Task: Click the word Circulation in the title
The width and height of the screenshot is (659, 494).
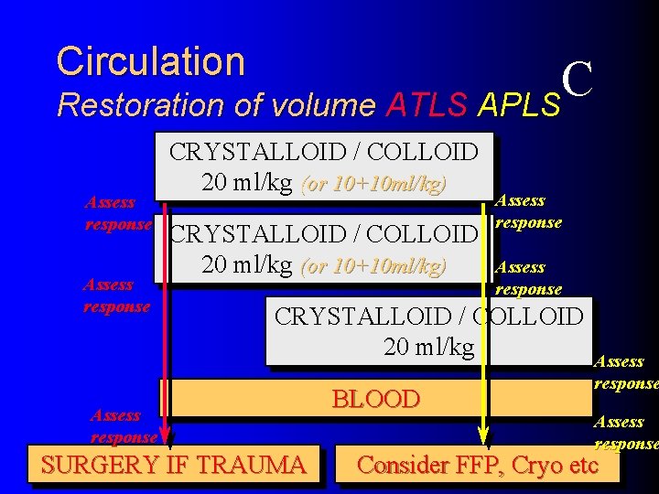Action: click(151, 62)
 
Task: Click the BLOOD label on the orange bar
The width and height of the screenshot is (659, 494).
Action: click(375, 399)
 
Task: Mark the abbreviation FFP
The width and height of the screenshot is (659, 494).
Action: click(478, 466)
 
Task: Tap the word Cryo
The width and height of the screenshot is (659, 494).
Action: click(536, 465)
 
